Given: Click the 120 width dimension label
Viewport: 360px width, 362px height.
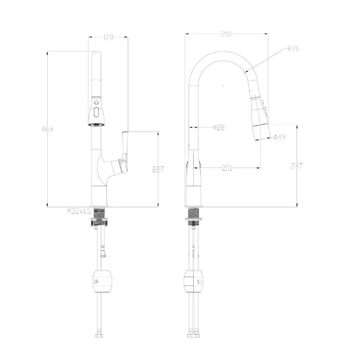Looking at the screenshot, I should (109, 37).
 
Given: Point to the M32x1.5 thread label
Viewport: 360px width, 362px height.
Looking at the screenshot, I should (79, 212).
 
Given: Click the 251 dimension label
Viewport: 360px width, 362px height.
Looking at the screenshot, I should (226, 34).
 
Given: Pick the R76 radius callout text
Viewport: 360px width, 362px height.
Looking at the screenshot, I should (293, 49).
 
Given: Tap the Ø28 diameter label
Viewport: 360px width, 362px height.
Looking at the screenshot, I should (218, 127).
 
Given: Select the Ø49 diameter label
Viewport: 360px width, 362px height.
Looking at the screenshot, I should (279, 137).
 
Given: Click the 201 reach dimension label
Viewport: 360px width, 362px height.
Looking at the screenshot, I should (226, 168).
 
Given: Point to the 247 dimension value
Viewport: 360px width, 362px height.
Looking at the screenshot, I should (297, 166).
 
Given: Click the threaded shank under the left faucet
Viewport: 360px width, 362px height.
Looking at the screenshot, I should (99, 213).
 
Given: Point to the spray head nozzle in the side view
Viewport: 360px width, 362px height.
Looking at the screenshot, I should (262, 132).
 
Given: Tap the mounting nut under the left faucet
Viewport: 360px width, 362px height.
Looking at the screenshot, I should (99, 223).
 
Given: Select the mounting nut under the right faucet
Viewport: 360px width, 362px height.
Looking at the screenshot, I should (194, 223).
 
